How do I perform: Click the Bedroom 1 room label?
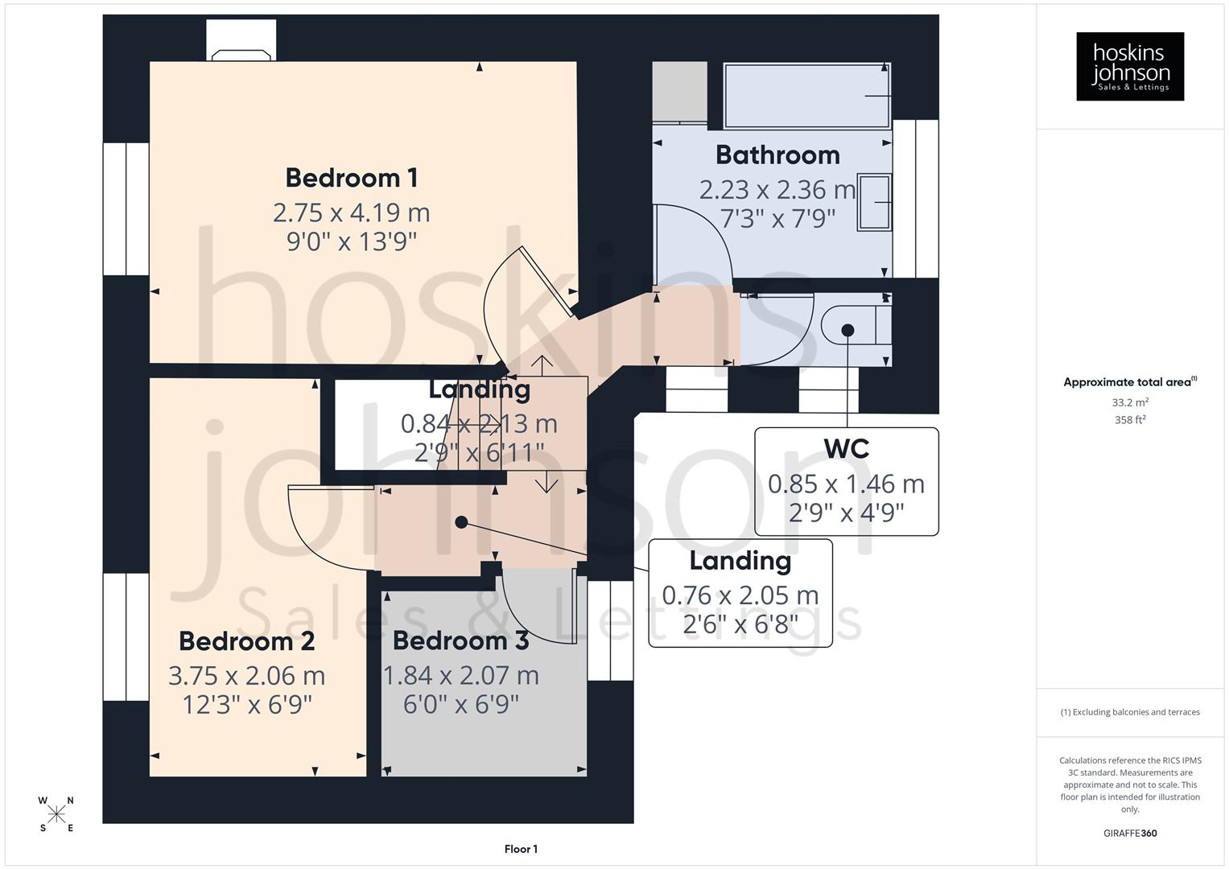352,178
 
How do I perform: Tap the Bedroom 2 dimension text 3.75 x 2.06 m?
246,676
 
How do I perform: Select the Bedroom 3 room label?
460,641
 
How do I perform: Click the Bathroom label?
777,154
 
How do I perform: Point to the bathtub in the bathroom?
806,96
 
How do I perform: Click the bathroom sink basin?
874,202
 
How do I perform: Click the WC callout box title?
846,449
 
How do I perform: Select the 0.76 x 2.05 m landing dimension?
740,595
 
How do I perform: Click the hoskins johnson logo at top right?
1129,66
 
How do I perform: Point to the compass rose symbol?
56,814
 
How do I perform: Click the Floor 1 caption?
521,849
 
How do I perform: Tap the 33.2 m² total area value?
1129,402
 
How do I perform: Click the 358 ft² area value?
1129,420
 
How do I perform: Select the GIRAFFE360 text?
1129,833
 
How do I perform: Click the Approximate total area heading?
1129,382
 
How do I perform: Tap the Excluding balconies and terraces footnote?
1129,712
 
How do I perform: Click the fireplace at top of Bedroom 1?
241,47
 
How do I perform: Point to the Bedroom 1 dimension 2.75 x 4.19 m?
351,212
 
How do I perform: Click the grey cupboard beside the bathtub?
678,92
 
